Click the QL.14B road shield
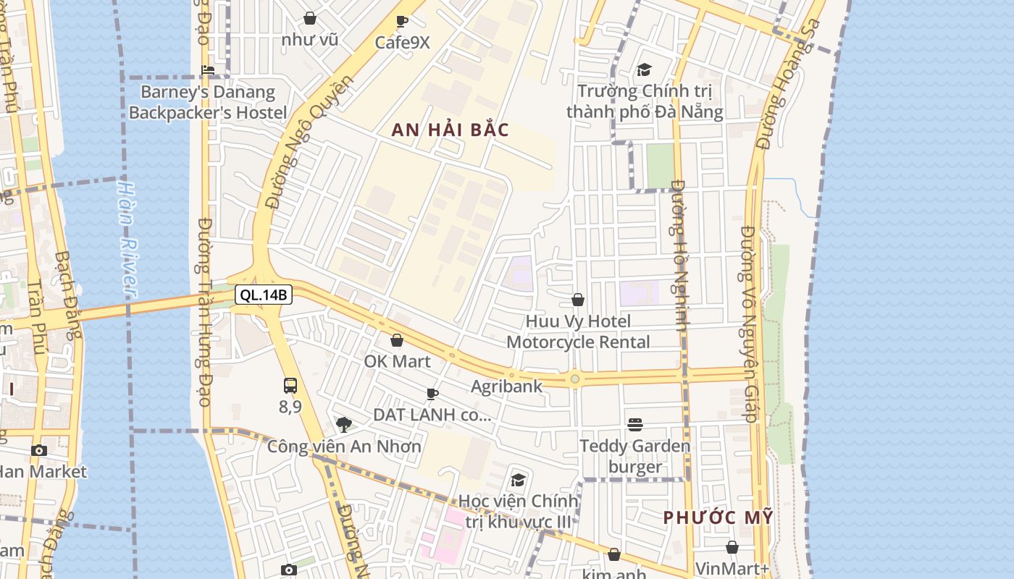tap(264, 295)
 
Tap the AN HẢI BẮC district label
tap(451, 130)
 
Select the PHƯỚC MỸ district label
tap(718, 517)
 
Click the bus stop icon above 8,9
tap(290, 385)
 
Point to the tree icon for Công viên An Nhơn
tap(344, 424)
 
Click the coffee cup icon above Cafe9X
tap(402, 21)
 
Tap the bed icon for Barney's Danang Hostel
tap(208, 70)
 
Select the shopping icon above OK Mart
tap(397, 339)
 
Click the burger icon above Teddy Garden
tap(635, 424)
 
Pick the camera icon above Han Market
tap(39, 450)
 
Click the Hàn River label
tap(127, 239)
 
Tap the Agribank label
tap(506, 386)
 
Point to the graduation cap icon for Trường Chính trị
tap(644, 69)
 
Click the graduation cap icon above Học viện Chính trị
tap(518, 479)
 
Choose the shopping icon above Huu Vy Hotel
tap(578, 299)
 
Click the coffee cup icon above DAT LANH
tap(432, 394)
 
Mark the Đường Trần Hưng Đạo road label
tap(204, 311)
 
